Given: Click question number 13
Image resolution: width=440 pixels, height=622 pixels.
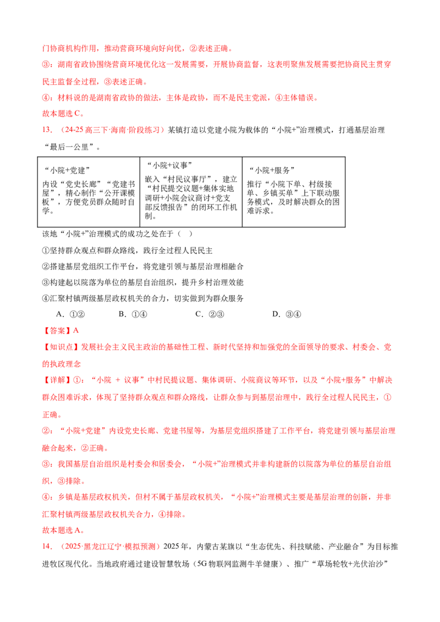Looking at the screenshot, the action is [x=47, y=130].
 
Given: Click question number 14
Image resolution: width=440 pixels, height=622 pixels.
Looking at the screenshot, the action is [x=47, y=547].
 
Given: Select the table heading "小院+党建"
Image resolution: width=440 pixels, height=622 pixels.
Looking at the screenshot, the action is [x=67, y=170].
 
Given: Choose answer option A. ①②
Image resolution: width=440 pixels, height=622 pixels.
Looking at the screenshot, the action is [x=70, y=314].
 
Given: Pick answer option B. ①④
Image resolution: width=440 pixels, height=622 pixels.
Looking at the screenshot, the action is [x=133, y=314].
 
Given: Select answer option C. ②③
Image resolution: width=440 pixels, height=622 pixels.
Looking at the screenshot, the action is [x=210, y=314].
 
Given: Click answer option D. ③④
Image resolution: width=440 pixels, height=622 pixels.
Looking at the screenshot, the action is [x=287, y=314].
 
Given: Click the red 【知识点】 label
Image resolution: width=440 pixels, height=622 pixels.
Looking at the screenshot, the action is [x=61, y=347].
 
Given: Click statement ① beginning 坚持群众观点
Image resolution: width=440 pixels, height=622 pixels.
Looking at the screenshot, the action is [x=128, y=251].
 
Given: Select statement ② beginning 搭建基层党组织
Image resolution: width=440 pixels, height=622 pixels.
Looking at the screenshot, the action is [x=143, y=266].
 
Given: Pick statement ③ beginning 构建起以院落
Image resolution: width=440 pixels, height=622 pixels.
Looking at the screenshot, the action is [x=143, y=282].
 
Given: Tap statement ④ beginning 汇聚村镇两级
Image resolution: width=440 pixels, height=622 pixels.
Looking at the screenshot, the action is [x=143, y=298].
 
